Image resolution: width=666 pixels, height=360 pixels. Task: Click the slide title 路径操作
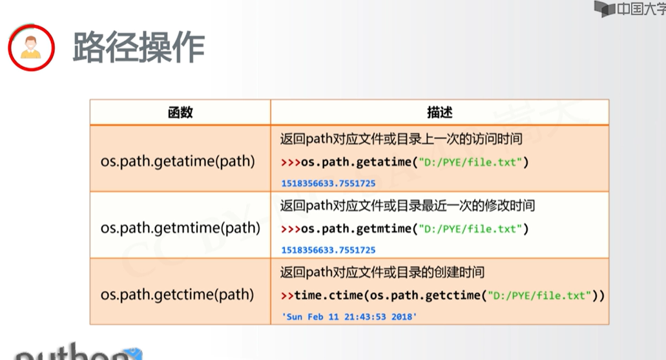[138, 47]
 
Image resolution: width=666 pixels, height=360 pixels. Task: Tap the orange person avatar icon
[30, 47]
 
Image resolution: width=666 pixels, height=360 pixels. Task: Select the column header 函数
[180, 112]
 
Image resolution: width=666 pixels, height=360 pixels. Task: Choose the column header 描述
[439, 112]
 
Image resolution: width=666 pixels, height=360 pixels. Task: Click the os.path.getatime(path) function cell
[178, 160]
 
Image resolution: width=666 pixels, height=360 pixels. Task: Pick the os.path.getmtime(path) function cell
[180, 228]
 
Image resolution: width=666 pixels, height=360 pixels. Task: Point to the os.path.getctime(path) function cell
[178, 295]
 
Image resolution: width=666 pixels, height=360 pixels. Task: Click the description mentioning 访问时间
[401, 139]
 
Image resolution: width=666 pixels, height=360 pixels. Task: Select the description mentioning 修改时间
[407, 206]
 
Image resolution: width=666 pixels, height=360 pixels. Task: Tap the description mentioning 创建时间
[382, 272]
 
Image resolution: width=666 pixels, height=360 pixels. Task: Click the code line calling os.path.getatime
[405, 162]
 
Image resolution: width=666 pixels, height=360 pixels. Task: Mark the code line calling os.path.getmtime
[405, 229]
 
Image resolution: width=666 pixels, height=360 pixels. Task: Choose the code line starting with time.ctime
[443, 295]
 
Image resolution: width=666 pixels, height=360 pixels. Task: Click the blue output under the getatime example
[328, 183]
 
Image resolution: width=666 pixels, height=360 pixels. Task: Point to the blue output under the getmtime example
[328, 249]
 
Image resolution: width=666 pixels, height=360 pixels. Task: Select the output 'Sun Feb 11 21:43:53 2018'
[349, 317]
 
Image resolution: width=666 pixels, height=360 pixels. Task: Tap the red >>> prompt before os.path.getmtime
[291, 229]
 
